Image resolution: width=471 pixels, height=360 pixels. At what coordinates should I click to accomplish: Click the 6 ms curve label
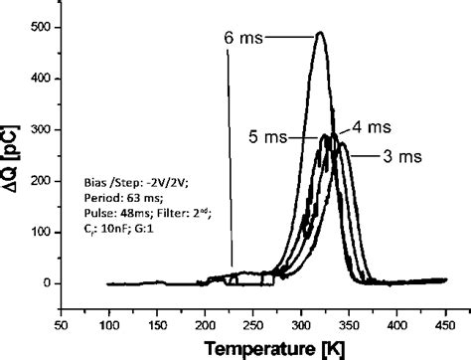242,38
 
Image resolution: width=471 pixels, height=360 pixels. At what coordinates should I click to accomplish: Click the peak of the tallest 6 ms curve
319,34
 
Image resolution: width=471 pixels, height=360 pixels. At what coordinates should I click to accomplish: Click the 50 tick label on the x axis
62,324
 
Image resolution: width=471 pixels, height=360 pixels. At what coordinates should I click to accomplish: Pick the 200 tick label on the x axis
206,324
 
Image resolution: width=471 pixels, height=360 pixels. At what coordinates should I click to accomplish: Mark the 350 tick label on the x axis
351,324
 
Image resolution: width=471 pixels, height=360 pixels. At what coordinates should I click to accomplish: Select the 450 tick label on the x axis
446,324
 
